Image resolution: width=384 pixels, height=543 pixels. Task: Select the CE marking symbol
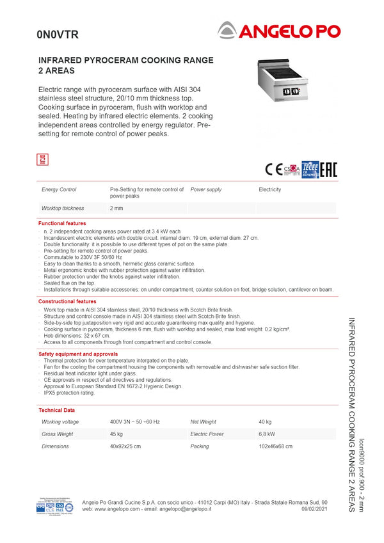point(273,169)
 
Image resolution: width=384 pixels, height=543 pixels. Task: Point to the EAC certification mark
point(328,169)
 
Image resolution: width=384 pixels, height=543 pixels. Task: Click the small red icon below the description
point(43,159)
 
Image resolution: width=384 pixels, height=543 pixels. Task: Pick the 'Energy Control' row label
point(59,190)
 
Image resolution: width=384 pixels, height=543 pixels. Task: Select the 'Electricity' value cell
point(269,190)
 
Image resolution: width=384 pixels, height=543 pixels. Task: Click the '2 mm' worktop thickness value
point(116,209)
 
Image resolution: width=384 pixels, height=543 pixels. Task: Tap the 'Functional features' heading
point(62,223)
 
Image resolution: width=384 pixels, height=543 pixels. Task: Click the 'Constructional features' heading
point(67,301)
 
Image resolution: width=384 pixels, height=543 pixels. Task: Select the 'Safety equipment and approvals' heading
point(78,354)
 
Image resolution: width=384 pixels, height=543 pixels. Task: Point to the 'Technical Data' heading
point(56,410)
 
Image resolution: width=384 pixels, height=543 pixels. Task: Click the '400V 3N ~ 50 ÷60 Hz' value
point(134,422)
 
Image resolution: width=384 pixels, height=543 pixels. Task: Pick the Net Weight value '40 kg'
point(265,422)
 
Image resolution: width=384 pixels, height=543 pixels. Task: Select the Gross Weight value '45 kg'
point(116,434)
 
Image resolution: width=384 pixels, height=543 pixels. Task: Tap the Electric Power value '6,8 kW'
point(267,434)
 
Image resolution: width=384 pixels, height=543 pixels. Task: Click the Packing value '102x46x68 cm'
point(275,446)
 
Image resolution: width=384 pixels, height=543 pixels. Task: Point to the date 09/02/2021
point(314,509)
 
